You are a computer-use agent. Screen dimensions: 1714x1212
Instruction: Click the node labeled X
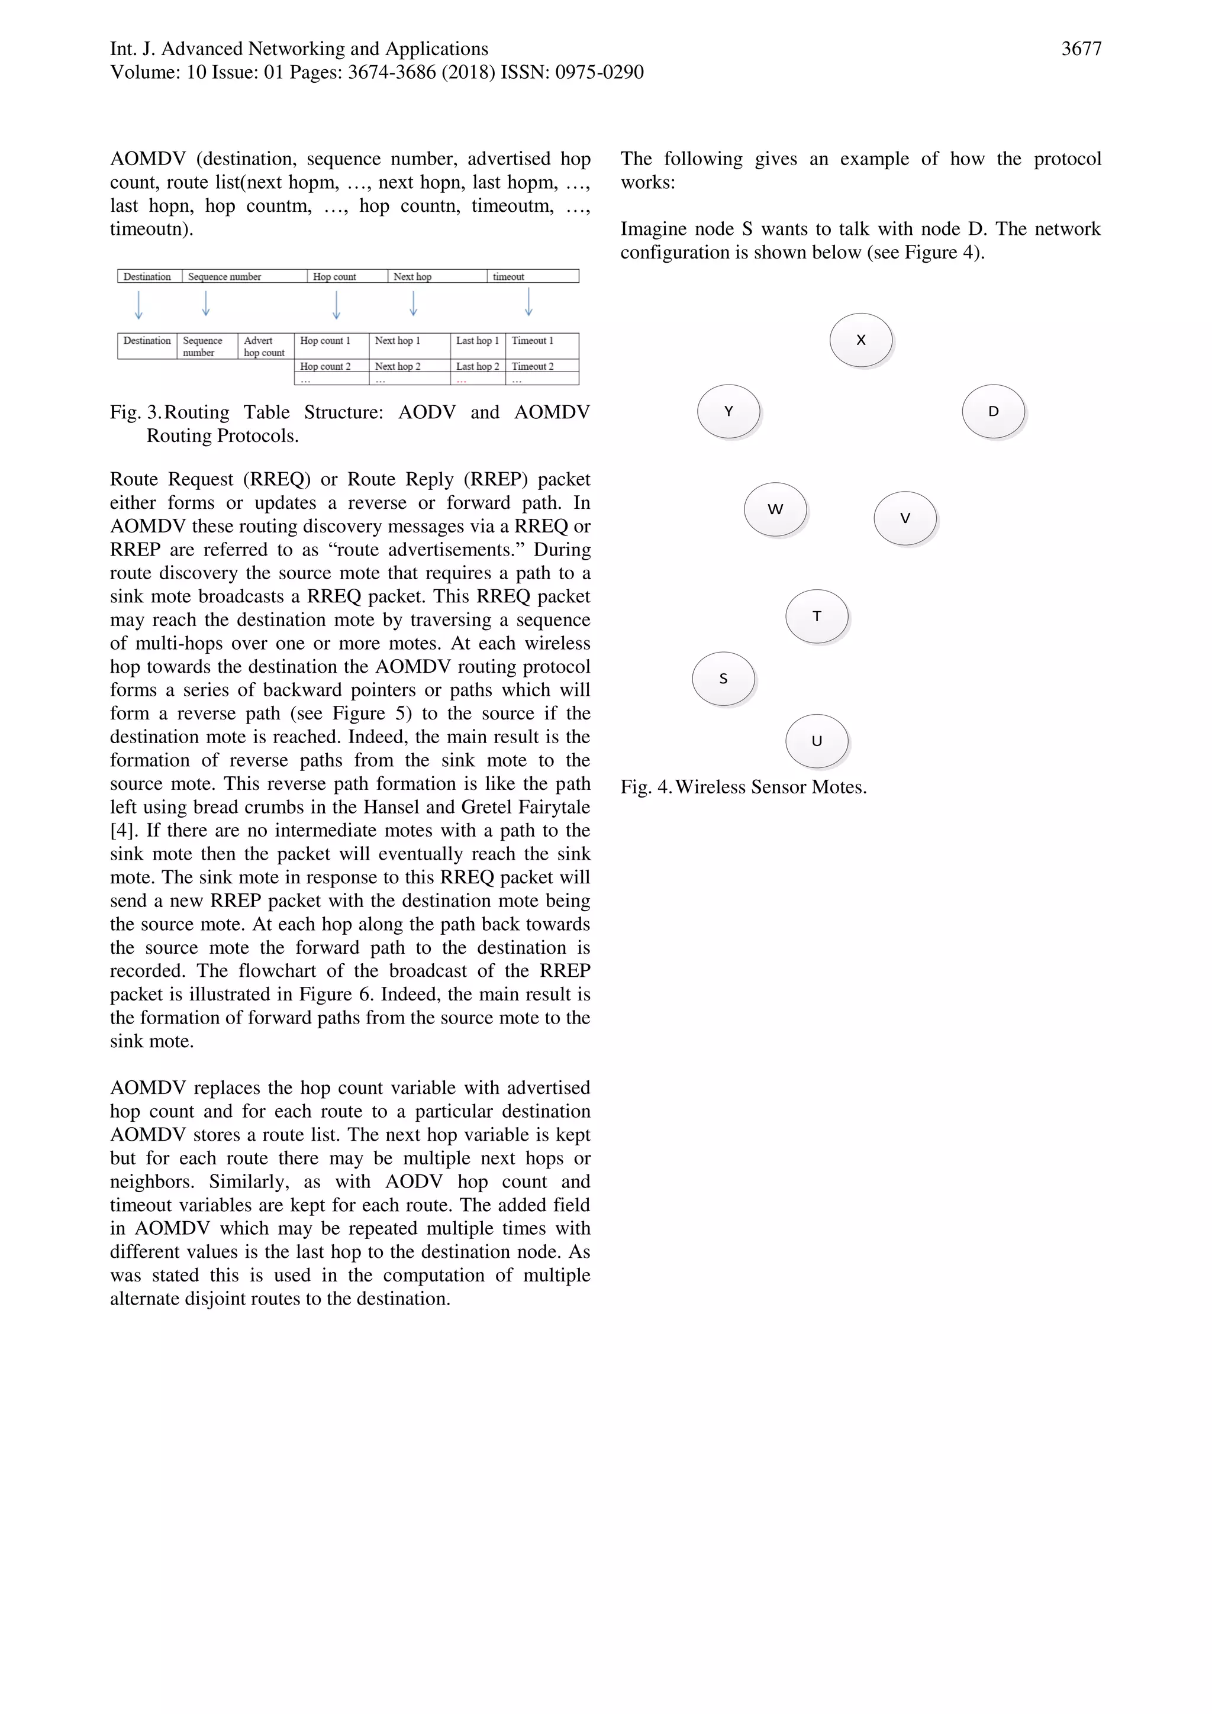[861, 340]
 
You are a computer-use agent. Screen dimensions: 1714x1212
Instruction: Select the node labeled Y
[728, 411]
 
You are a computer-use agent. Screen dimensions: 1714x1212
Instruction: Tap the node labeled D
[993, 411]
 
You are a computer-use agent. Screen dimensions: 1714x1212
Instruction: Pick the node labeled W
[775, 509]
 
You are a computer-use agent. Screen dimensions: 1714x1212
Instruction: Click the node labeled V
[905, 518]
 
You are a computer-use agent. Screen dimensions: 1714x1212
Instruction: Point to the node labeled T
[817, 616]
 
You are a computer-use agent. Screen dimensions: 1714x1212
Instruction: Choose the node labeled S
[723, 679]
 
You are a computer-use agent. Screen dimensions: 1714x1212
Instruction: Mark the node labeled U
[817, 741]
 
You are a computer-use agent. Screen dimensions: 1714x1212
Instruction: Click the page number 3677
[1081, 49]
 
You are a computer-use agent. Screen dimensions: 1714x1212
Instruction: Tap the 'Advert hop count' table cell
[265, 346]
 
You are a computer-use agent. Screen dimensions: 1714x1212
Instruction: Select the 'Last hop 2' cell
[478, 367]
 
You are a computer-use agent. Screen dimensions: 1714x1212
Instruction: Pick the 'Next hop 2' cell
[409, 367]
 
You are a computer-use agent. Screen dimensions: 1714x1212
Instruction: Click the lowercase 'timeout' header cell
[533, 277]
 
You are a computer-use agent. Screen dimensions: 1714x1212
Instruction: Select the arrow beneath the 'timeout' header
[528, 302]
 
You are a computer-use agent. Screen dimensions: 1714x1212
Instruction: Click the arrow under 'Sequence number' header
[206, 303]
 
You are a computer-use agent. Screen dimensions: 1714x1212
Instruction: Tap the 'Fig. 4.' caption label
[646, 787]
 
